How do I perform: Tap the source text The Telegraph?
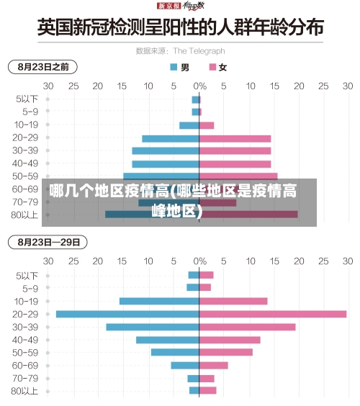[x=199, y=51]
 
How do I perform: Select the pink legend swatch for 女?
[x=213, y=67]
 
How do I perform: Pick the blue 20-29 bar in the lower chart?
[x=127, y=314]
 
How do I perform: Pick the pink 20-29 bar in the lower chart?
[x=272, y=314]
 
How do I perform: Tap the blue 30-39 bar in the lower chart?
[x=153, y=327]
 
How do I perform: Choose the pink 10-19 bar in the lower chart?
[x=233, y=301]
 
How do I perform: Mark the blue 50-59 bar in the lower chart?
[x=175, y=352]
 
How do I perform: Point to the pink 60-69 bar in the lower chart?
[x=213, y=365]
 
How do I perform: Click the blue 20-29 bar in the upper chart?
[x=171, y=138]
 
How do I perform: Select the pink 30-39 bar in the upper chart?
[x=235, y=150]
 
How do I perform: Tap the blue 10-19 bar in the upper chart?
[x=189, y=125]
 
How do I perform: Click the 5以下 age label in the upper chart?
[x=27, y=99]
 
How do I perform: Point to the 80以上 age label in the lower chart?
[x=24, y=391]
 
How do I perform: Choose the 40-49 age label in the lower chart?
[x=26, y=340]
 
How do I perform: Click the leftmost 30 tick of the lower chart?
[x=48, y=261]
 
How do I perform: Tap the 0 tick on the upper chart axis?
[x=199, y=85]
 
